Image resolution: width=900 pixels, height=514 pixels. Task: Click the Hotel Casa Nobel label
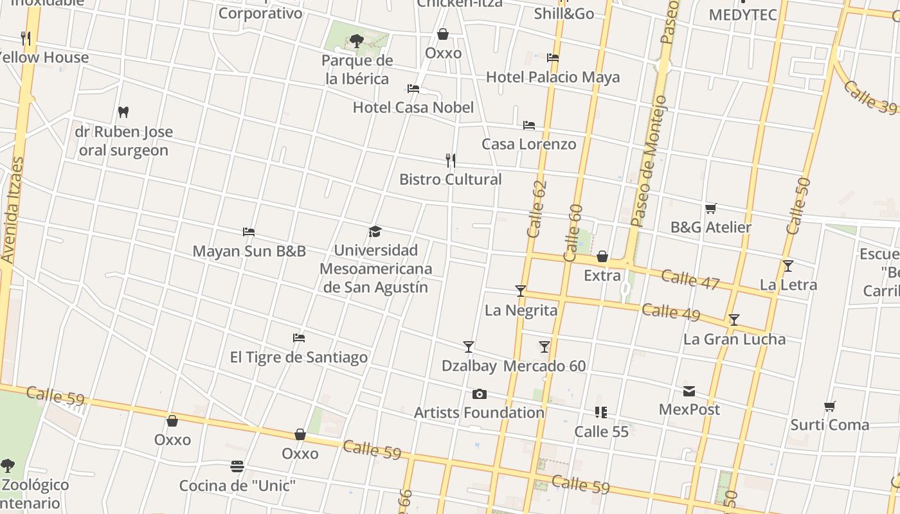click(x=413, y=107)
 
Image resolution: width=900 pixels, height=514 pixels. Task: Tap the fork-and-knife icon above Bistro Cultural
click(x=451, y=160)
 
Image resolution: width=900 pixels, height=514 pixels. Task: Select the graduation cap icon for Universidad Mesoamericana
click(x=375, y=231)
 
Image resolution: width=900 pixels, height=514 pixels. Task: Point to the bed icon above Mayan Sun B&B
click(x=249, y=231)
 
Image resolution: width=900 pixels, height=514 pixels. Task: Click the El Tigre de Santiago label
click(x=299, y=357)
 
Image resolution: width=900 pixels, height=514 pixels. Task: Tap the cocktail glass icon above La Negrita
click(x=521, y=291)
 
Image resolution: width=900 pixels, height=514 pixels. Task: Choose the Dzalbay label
click(x=469, y=366)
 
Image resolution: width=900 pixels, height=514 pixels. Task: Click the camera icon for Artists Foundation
click(x=479, y=394)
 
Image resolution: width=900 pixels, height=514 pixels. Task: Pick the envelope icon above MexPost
click(x=689, y=391)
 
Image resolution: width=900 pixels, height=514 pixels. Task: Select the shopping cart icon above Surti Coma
click(x=830, y=406)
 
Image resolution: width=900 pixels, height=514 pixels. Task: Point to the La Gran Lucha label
click(x=734, y=339)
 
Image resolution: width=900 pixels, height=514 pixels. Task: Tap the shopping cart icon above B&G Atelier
click(x=710, y=208)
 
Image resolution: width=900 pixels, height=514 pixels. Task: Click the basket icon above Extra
click(x=602, y=257)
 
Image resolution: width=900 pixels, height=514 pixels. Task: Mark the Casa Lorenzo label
click(x=529, y=144)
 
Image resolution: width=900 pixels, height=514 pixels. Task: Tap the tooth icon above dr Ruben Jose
click(x=123, y=112)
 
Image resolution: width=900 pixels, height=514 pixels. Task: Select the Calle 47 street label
click(x=690, y=279)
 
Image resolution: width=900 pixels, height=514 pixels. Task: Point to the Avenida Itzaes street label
click(x=12, y=210)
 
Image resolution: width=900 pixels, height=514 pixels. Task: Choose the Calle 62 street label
click(x=536, y=209)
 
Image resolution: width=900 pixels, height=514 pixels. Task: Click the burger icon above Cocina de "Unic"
click(x=237, y=466)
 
